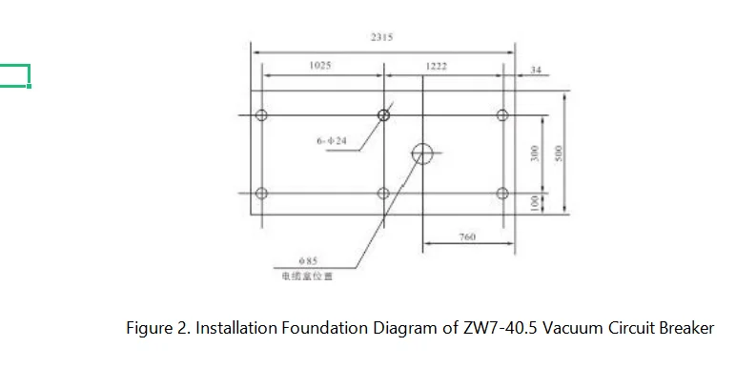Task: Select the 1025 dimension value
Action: tap(320, 66)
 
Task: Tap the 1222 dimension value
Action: tap(437, 67)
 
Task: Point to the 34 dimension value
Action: tap(536, 71)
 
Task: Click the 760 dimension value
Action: tap(467, 236)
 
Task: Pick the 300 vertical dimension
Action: tap(536, 153)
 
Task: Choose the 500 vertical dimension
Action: tap(561, 153)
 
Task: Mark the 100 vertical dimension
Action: tap(536, 203)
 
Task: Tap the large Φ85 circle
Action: tap(422, 152)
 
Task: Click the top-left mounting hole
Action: tap(262, 115)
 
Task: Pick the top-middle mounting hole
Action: tap(383, 115)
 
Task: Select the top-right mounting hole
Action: tap(503, 115)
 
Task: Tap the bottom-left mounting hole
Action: tap(262, 194)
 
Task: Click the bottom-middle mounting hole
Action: tap(383, 194)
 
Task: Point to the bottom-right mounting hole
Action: tap(503, 194)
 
